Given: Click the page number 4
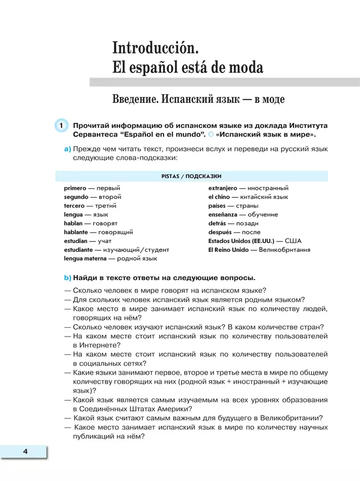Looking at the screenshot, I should (25, 452).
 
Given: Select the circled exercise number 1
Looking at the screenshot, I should (60, 126).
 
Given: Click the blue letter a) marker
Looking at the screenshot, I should (68, 149).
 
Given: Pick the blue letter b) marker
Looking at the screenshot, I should (68, 278).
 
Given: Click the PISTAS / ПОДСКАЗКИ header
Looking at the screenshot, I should (191, 176).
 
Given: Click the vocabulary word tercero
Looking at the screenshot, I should (74, 206).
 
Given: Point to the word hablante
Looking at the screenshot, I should (76, 232).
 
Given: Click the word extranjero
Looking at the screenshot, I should (223, 188).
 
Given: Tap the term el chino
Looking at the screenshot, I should (219, 197).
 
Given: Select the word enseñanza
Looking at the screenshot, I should (223, 215).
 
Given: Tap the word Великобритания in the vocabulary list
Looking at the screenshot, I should (283, 250).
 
